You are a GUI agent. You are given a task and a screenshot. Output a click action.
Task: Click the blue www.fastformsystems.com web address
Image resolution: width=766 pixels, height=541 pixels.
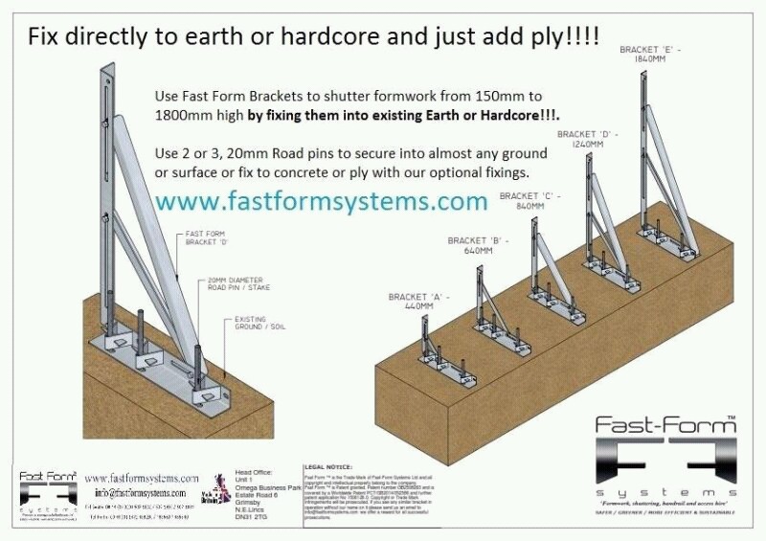coord(321,202)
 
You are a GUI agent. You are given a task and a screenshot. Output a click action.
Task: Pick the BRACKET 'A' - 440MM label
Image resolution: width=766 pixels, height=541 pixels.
coord(413,303)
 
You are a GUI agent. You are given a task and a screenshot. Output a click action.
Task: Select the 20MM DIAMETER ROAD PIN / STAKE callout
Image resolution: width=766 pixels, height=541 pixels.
coord(243,287)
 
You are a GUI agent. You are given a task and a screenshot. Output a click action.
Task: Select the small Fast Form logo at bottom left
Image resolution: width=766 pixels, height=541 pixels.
coord(46,489)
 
